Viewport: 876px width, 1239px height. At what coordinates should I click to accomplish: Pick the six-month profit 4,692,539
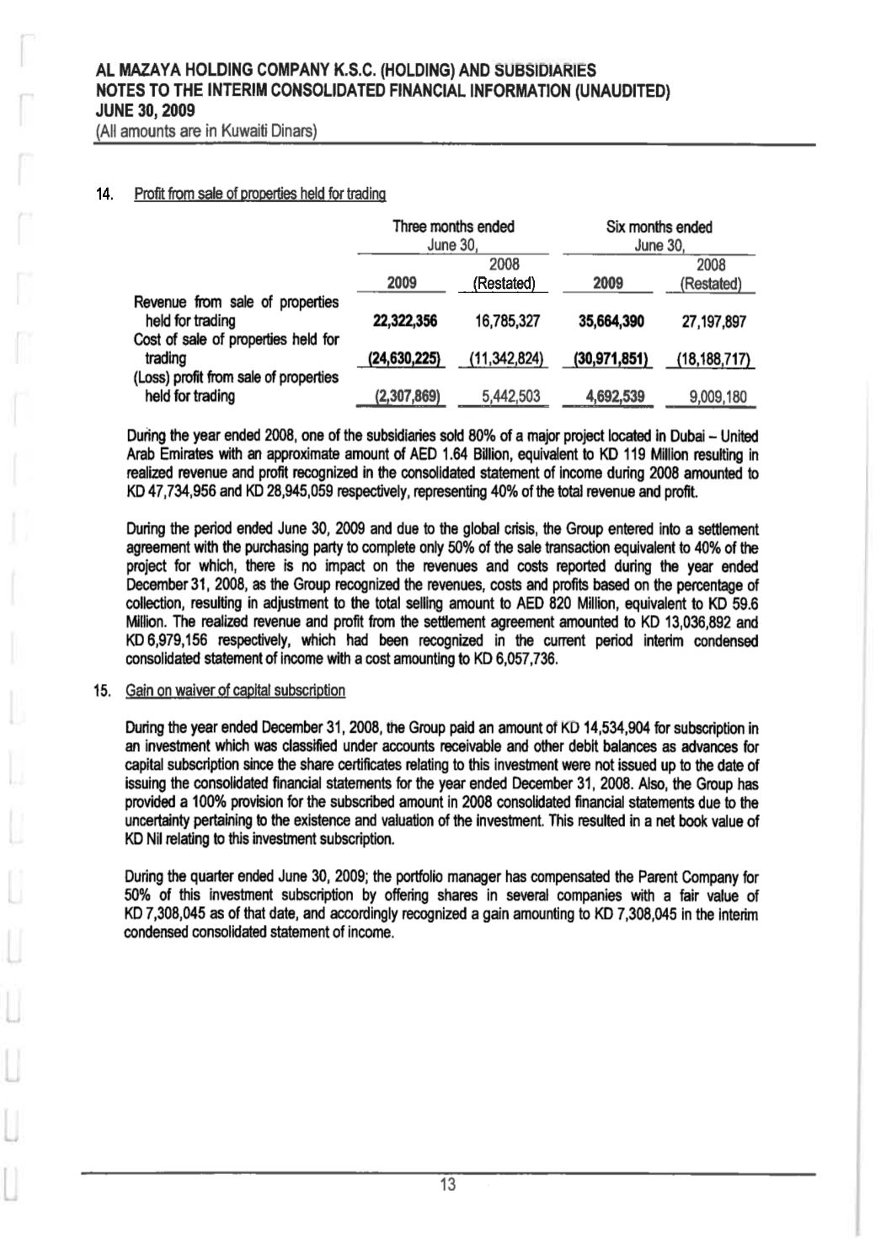click(609, 397)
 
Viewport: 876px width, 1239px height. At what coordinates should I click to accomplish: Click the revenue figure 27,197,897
click(713, 321)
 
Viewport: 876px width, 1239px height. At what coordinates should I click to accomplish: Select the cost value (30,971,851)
click(610, 360)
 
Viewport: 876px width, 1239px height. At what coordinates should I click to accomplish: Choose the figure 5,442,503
click(505, 397)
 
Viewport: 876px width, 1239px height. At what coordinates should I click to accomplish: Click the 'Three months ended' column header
click(453, 227)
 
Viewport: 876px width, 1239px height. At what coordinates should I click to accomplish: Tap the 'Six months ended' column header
click(659, 227)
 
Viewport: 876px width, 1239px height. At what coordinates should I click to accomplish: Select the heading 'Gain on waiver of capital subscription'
click(235, 691)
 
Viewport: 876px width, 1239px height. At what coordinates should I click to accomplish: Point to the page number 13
click(447, 1185)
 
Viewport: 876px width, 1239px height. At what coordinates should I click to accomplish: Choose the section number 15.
click(104, 692)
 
